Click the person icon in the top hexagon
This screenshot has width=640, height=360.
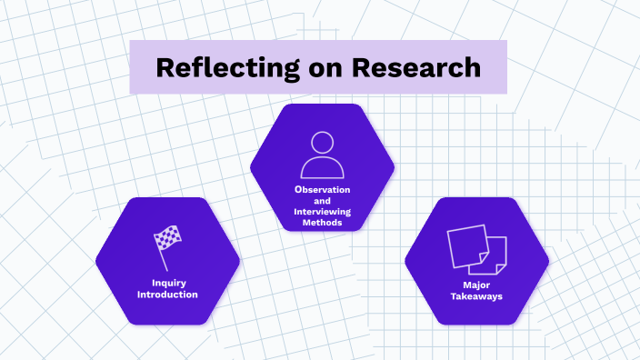point(322,155)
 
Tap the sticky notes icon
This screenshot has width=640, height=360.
point(476,249)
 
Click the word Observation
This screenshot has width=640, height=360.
point(322,189)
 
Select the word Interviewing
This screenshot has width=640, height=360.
point(322,211)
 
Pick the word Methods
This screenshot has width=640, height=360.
point(322,222)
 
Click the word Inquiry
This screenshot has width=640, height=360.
point(167,283)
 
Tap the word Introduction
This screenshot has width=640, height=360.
point(167,295)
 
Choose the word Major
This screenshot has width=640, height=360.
point(476,285)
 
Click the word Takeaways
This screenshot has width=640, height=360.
point(476,296)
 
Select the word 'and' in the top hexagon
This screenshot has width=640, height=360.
point(322,200)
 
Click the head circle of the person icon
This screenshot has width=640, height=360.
point(322,143)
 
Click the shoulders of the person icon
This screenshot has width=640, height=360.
point(322,168)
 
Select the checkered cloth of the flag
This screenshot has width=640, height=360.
point(169,237)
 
